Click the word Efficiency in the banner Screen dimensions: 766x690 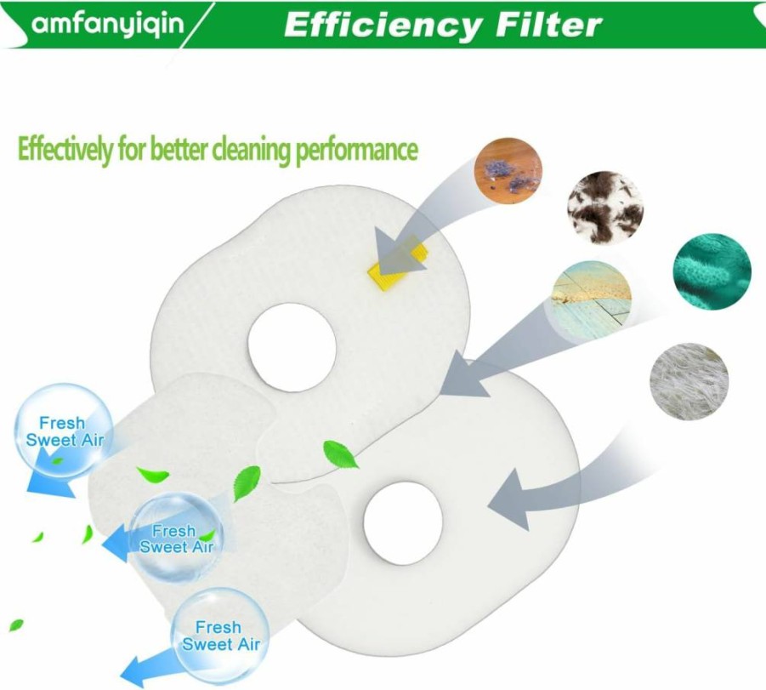coord(382,26)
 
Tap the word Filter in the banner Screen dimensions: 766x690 coord(548,25)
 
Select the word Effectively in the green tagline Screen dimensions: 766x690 coord(65,149)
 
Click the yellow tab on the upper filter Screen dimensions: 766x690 coord(398,263)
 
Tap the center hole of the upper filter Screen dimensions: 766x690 coord(292,347)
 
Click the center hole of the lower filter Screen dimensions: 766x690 coord(403,523)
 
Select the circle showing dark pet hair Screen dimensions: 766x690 coord(605,208)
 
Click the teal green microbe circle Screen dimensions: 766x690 coord(712,271)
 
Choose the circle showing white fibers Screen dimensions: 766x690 coord(689,381)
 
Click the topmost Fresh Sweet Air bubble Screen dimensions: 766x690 coord(64,431)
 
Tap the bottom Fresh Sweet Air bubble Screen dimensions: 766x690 coord(220,636)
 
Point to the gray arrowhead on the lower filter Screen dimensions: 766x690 coord(510,499)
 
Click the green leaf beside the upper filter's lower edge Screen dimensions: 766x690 coord(340,454)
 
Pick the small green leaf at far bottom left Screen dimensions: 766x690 coord(16,625)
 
